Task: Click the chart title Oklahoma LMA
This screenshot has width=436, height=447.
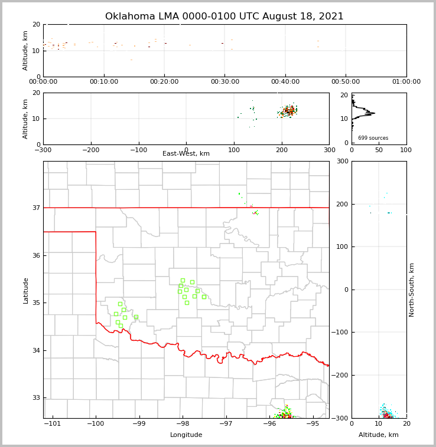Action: click(x=224, y=17)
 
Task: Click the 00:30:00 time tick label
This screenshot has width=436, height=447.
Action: click(x=225, y=82)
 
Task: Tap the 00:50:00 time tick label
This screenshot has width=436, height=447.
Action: click(x=346, y=82)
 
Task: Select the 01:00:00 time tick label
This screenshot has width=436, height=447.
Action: click(x=406, y=82)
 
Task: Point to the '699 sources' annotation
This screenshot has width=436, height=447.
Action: click(x=373, y=138)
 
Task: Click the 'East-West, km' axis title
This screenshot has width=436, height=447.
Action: click(x=186, y=154)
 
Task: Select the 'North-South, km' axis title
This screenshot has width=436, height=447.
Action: click(x=412, y=290)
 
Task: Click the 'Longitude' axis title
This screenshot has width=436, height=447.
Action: click(x=186, y=435)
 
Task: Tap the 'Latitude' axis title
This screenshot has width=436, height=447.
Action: click(x=25, y=290)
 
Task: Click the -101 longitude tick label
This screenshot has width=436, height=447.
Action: click(x=53, y=424)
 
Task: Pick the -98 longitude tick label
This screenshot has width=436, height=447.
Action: click(x=183, y=424)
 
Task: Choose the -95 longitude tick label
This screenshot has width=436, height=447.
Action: click(x=313, y=424)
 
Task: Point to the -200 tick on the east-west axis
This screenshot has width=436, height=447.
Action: click(x=90, y=150)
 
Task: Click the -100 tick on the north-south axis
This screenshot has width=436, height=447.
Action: click(x=341, y=333)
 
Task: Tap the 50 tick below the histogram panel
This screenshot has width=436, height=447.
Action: click(x=379, y=150)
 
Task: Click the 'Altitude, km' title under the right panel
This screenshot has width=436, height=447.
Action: click(x=379, y=435)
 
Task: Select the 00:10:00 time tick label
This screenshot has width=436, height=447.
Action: click(x=104, y=82)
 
